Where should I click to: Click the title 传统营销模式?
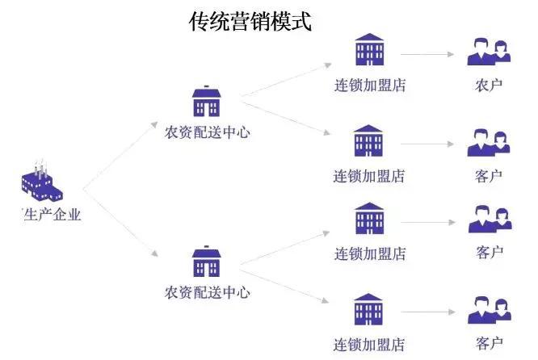(x=250, y=21)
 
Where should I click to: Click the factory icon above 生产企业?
(x=42, y=181)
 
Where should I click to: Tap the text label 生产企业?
(x=53, y=215)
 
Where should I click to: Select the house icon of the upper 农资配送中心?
(x=206, y=101)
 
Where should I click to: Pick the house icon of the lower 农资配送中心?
(x=206, y=262)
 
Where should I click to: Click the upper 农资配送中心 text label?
(x=208, y=132)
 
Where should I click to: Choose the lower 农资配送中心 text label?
(x=208, y=292)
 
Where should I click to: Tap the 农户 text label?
(x=489, y=86)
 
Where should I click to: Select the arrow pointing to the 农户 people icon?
(x=427, y=54)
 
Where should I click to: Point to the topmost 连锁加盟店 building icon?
(x=369, y=49)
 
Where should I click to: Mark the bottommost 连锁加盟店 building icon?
(x=368, y=309)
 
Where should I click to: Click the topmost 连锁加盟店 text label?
(x=370, y=86)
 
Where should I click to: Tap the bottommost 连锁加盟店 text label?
(x=369, y=345)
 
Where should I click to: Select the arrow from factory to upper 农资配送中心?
(x=120, y=155)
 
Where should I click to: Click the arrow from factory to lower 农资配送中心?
(x=120, y=223)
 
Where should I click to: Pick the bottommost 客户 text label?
(x=490, y=343)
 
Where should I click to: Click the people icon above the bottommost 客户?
(x=490, y=310)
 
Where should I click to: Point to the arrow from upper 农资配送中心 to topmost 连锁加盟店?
(x=286, y=80)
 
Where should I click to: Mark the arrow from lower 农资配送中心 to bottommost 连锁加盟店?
(x=284, y=287)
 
